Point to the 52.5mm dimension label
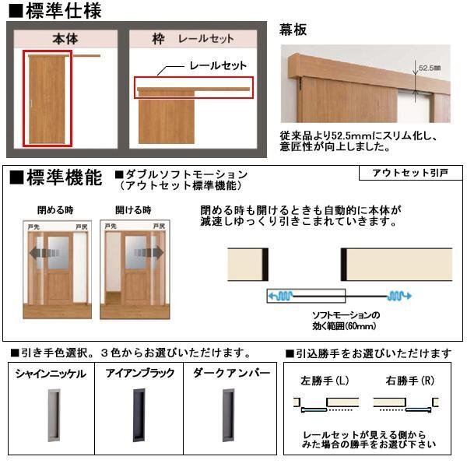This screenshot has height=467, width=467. [x=429, y=68]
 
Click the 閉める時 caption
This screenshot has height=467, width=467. [x=53, y=210]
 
